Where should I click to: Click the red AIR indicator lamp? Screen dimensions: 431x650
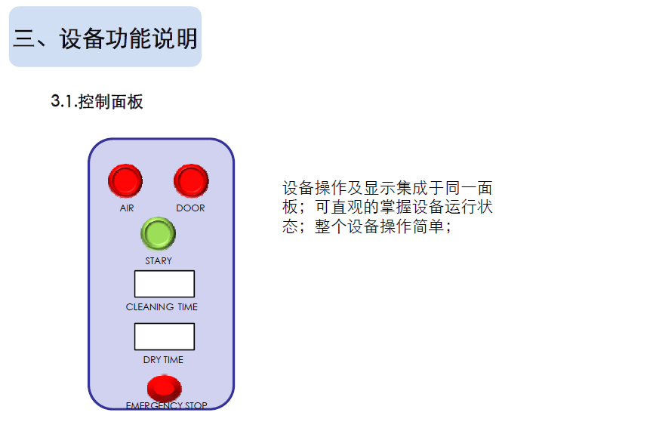pos(125,180)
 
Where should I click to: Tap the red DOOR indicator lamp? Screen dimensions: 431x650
pos(191,180)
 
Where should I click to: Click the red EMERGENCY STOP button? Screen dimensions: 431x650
pos(164,388)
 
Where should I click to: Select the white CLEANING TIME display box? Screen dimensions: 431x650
pos(164,284)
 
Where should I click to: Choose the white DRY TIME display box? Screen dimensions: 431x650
pos(164,337)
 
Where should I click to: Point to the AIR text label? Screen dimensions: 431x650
pos(126,208)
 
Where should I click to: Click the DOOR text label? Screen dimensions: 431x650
pos(190,208)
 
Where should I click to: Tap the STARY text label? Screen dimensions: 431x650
pos(159,260)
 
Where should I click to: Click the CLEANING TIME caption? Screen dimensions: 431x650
pos(162,307)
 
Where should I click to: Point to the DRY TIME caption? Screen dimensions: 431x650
pos(163,360)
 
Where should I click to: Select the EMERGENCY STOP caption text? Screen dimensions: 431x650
pos(166,406)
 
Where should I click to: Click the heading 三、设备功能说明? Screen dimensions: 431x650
pos(106,38)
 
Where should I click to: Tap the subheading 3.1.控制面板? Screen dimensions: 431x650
pos(97,102)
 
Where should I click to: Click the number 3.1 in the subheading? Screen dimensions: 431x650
pos(62,102)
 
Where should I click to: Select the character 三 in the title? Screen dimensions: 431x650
pos(24,38)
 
